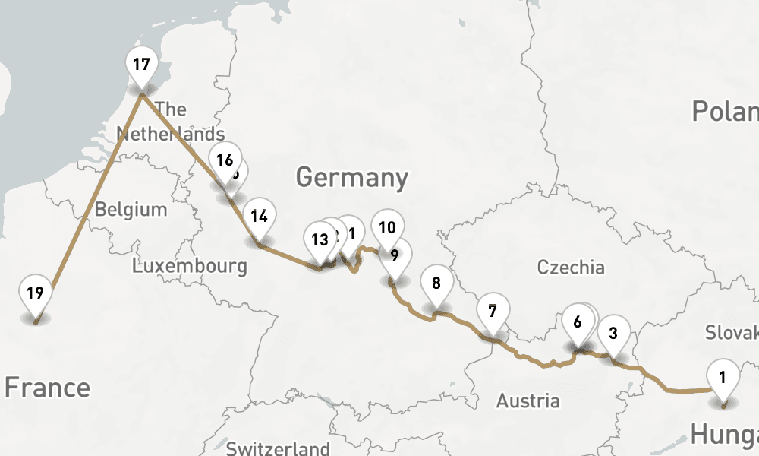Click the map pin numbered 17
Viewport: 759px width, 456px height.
click(141, 64)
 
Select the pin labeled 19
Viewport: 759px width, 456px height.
click(34, 293)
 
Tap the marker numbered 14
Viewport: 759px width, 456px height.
click(259, 216)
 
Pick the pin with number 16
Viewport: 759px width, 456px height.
click(224, 160)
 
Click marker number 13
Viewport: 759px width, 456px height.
click(320, 240)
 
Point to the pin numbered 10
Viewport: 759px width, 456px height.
click(387, 227)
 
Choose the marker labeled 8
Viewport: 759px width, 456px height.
click(436, 283)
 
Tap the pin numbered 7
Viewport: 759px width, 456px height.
click(493, 311)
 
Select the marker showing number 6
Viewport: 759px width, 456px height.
click(578, 321)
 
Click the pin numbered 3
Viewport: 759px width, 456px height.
click(613, 332)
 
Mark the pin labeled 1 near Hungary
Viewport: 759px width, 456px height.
click(723, 376)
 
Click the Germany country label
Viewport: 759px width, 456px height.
click(351, 178)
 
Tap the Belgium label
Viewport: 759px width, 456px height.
click(131, 209)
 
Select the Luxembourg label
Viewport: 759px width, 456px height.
click(189, 266)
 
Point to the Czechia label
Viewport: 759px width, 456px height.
click(571, 267)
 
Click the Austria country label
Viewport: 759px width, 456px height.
click(528, 401)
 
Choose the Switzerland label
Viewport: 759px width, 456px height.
click(278, 448)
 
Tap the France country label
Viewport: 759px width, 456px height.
click(47, 388)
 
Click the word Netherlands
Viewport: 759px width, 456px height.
click(170, 135)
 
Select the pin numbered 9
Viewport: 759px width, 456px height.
click(395, 255)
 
